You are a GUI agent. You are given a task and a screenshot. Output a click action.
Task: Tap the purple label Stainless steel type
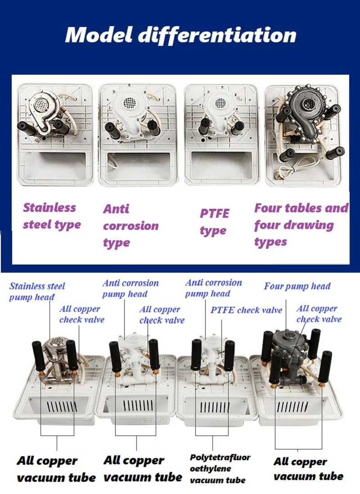[x=52, y=216]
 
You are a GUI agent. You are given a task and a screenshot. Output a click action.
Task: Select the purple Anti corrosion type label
[x=130, y=226]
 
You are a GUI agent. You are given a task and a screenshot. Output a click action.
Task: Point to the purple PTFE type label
[x=214, y=221]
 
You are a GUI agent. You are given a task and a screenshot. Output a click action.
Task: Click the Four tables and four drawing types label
[x=301, y=225]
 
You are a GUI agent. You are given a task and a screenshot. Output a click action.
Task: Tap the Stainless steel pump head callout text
[x=37, y=292]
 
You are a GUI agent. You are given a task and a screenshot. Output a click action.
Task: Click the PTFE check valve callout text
[x=246, y=310]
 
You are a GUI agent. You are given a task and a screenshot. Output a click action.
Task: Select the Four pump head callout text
[x=297, y=287]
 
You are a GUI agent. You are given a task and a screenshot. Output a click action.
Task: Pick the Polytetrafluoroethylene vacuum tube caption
[x=220, y=468]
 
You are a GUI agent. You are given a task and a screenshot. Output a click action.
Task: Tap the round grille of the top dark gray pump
[x=309, y=102]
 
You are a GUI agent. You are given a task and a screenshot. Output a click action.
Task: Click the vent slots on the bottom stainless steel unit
[x=62, y=407]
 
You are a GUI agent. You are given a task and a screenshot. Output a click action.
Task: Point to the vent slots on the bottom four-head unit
[x=292, y=407]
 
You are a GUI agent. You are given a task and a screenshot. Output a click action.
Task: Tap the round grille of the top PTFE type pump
[x=220, y=103]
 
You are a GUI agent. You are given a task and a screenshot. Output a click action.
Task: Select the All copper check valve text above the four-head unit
[x=319, y=314]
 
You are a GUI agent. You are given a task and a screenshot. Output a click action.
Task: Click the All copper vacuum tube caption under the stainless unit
[x=56, y=469]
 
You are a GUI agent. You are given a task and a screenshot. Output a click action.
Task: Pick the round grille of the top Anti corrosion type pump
[x=130, y=102]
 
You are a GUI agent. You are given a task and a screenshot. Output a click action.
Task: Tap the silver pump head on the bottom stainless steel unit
[x=57, y=346]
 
